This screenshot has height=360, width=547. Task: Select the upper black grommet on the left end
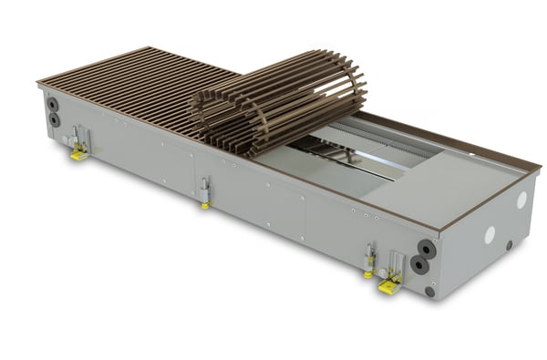tap(52, 104)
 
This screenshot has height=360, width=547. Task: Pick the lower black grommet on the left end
tap(54, 119)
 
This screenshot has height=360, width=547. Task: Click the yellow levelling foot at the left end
tap(79, 154)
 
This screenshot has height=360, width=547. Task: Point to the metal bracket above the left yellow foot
tap(80, 137)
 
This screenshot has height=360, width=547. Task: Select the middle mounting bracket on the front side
tap(206, 189)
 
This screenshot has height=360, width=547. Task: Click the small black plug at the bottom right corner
tap(429, 292)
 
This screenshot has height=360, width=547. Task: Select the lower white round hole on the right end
tap(490, 234)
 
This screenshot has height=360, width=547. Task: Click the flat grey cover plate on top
tap(428, 183)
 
